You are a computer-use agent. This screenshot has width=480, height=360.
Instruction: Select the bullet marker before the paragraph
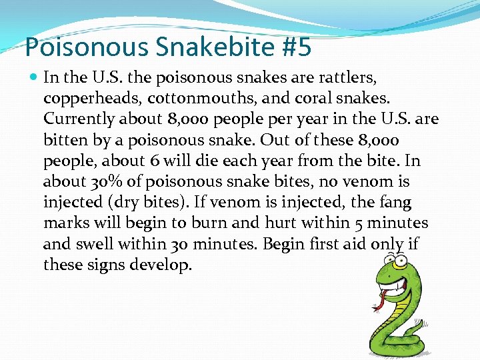[x=35, y=77]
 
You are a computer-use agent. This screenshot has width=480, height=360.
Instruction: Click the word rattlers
[x=373, y=77]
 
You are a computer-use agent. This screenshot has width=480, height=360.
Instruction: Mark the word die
[x=211, y=161]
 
